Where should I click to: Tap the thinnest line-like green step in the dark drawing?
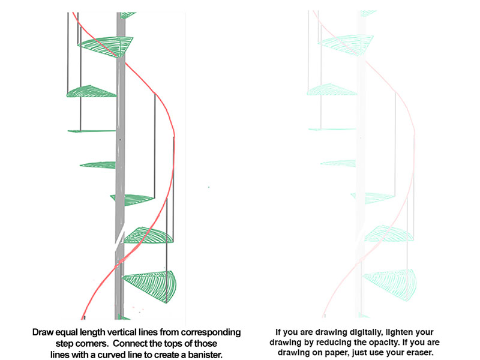[92, 131]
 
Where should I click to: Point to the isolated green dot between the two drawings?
[209, 187]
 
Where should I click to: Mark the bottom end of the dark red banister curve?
[82, 319]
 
